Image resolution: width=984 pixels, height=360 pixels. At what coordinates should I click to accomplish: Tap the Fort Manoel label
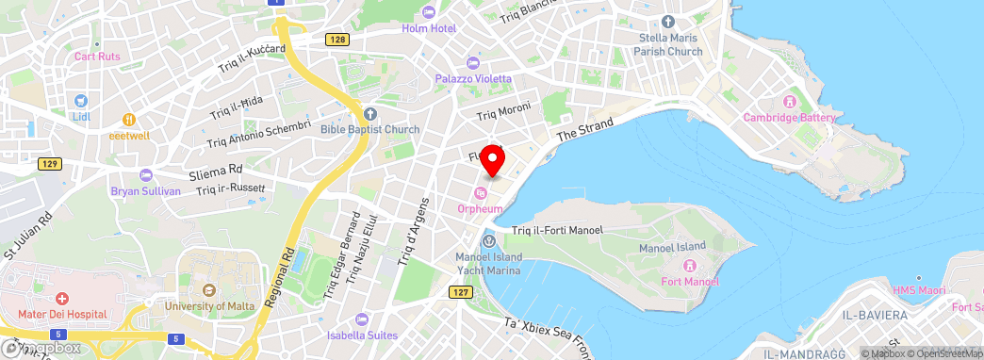coord(690,282)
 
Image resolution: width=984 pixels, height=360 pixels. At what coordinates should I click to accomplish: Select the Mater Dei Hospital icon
coord(61,298)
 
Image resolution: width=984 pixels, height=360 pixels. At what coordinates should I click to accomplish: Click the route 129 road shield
coord(50,164)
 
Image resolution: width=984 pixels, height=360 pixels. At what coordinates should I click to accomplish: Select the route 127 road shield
coord(460,293)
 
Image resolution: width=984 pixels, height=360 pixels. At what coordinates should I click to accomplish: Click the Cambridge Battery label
coord(789,118)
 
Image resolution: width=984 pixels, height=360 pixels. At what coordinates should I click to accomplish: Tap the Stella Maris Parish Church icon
coord(668,22)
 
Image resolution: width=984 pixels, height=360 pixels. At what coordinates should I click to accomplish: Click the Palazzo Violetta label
coord(473,79)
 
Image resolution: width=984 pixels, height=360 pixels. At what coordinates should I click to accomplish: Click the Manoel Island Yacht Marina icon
coord(488,240)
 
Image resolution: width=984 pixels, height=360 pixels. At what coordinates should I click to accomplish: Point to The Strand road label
coord(584,129)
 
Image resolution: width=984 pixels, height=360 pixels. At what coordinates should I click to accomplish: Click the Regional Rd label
coord(280,282)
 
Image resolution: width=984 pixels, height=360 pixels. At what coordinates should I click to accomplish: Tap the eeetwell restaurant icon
coord(130,120)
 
